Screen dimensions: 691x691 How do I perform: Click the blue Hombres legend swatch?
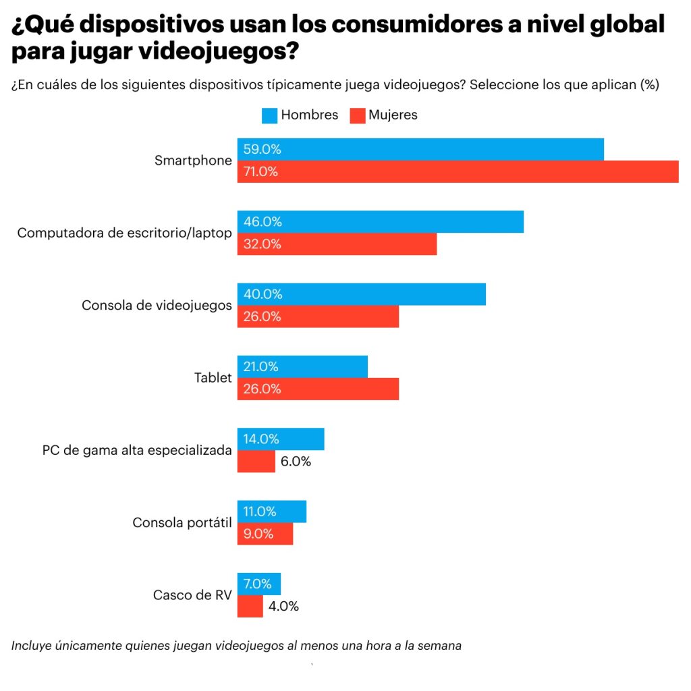click(269, 115)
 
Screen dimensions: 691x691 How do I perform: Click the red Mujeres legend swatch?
click(357, 115)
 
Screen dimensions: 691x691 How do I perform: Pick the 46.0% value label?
click(262, 222)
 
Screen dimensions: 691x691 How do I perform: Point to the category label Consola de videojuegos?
click(157, 306)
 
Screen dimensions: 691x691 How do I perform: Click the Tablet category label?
click(213, 378)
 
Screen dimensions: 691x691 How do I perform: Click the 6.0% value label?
click(296, 462)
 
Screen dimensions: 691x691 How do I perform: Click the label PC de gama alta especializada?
click(137, 450)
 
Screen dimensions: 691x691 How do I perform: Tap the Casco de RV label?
click(192, 595)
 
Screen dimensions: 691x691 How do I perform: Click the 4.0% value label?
click(283, 606)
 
